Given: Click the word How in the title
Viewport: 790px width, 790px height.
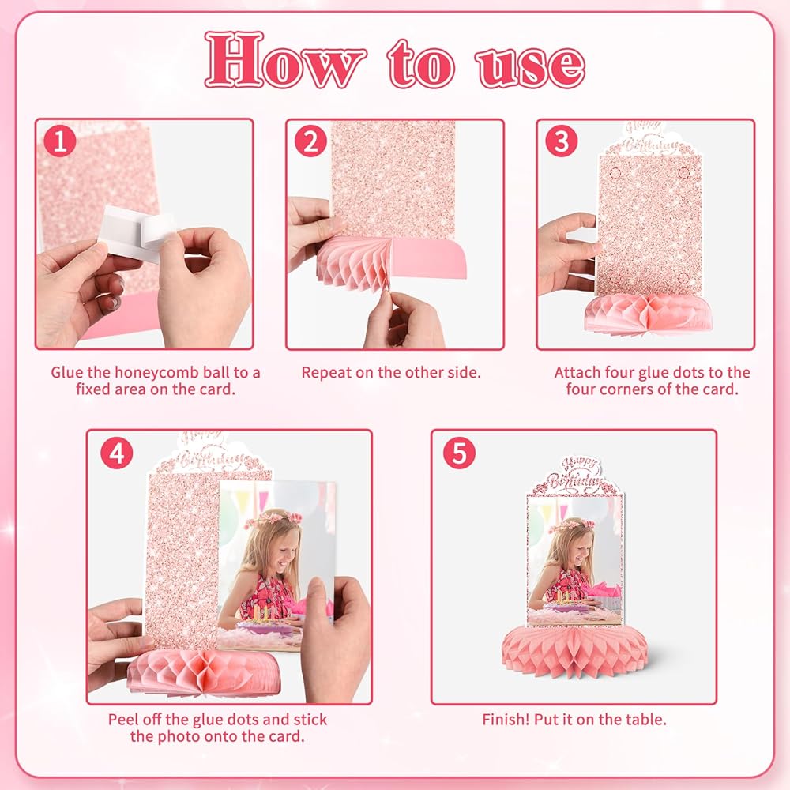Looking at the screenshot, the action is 285,60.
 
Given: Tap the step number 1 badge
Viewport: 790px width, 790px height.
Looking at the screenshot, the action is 60,141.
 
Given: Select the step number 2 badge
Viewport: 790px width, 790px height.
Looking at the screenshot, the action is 310,141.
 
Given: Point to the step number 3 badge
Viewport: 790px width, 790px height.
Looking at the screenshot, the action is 561,141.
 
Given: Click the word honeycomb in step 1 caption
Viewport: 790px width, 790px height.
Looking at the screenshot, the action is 156,374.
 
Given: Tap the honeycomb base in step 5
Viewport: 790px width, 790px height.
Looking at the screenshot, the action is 575,650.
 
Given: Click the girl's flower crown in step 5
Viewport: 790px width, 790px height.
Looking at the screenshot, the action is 572,525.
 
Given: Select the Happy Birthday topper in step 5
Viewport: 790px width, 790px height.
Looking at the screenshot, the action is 576,476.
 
